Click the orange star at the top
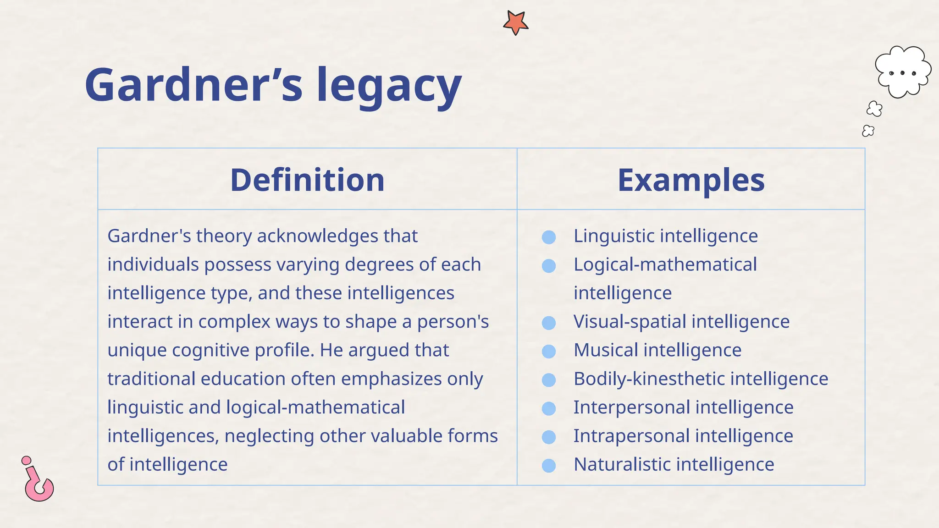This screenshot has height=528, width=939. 515,22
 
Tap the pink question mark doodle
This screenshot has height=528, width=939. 38,481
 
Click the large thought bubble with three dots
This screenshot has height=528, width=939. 902,72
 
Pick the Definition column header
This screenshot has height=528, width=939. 307,180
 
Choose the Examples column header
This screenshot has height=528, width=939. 691,180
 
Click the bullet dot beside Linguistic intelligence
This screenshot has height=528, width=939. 549,237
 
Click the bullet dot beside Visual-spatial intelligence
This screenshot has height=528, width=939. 549,323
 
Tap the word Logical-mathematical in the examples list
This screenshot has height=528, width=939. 665,264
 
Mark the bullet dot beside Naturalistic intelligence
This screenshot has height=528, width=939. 549,466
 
